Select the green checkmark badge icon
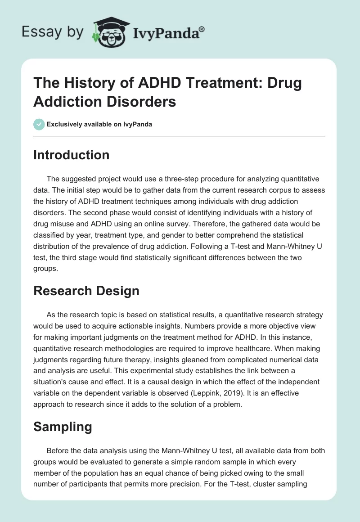(x=39, y=124)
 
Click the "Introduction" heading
(x=72, y=155)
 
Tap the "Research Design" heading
(x=86, y=291)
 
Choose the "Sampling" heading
(x=63, y=427)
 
